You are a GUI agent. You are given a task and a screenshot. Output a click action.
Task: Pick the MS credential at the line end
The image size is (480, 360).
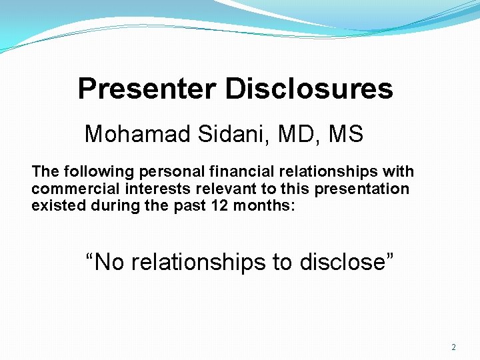(x=346, y=135)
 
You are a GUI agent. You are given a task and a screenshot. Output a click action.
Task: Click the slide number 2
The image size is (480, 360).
(x=454, y=347)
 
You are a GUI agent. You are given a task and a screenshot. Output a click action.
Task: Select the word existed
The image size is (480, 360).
(x=53, y=205)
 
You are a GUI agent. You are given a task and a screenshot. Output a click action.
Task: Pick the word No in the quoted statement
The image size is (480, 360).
(x=109, y=262)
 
